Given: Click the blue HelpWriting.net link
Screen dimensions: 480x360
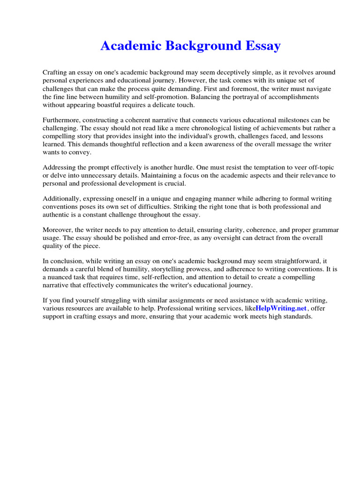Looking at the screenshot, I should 281,308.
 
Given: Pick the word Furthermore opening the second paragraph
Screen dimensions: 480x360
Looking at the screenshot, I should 62,121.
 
